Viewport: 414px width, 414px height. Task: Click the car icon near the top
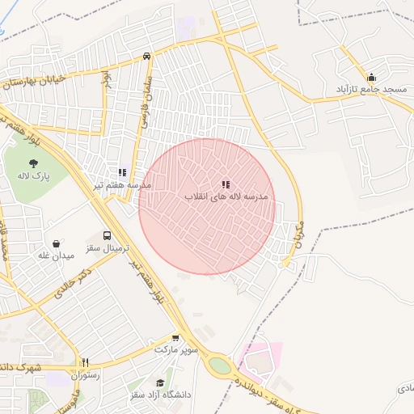(146, 56)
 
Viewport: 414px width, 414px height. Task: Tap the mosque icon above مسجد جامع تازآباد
(371, 77)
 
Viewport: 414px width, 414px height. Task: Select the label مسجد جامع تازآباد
(371, 89)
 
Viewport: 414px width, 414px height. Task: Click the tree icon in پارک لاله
(32, 163)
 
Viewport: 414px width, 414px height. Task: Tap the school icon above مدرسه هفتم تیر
(122, 172)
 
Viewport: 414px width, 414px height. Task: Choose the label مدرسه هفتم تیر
(122, 185)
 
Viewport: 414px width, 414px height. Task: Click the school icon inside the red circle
(226, 184)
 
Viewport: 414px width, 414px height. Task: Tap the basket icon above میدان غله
(57, 243)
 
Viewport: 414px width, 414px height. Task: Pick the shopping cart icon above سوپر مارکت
(176, 338)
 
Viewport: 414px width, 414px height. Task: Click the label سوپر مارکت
(175, 351)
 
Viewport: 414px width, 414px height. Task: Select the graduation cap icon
(160, 382)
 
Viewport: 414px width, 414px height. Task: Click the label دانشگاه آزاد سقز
(160, 395)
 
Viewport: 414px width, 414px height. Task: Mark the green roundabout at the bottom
(219, 365)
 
